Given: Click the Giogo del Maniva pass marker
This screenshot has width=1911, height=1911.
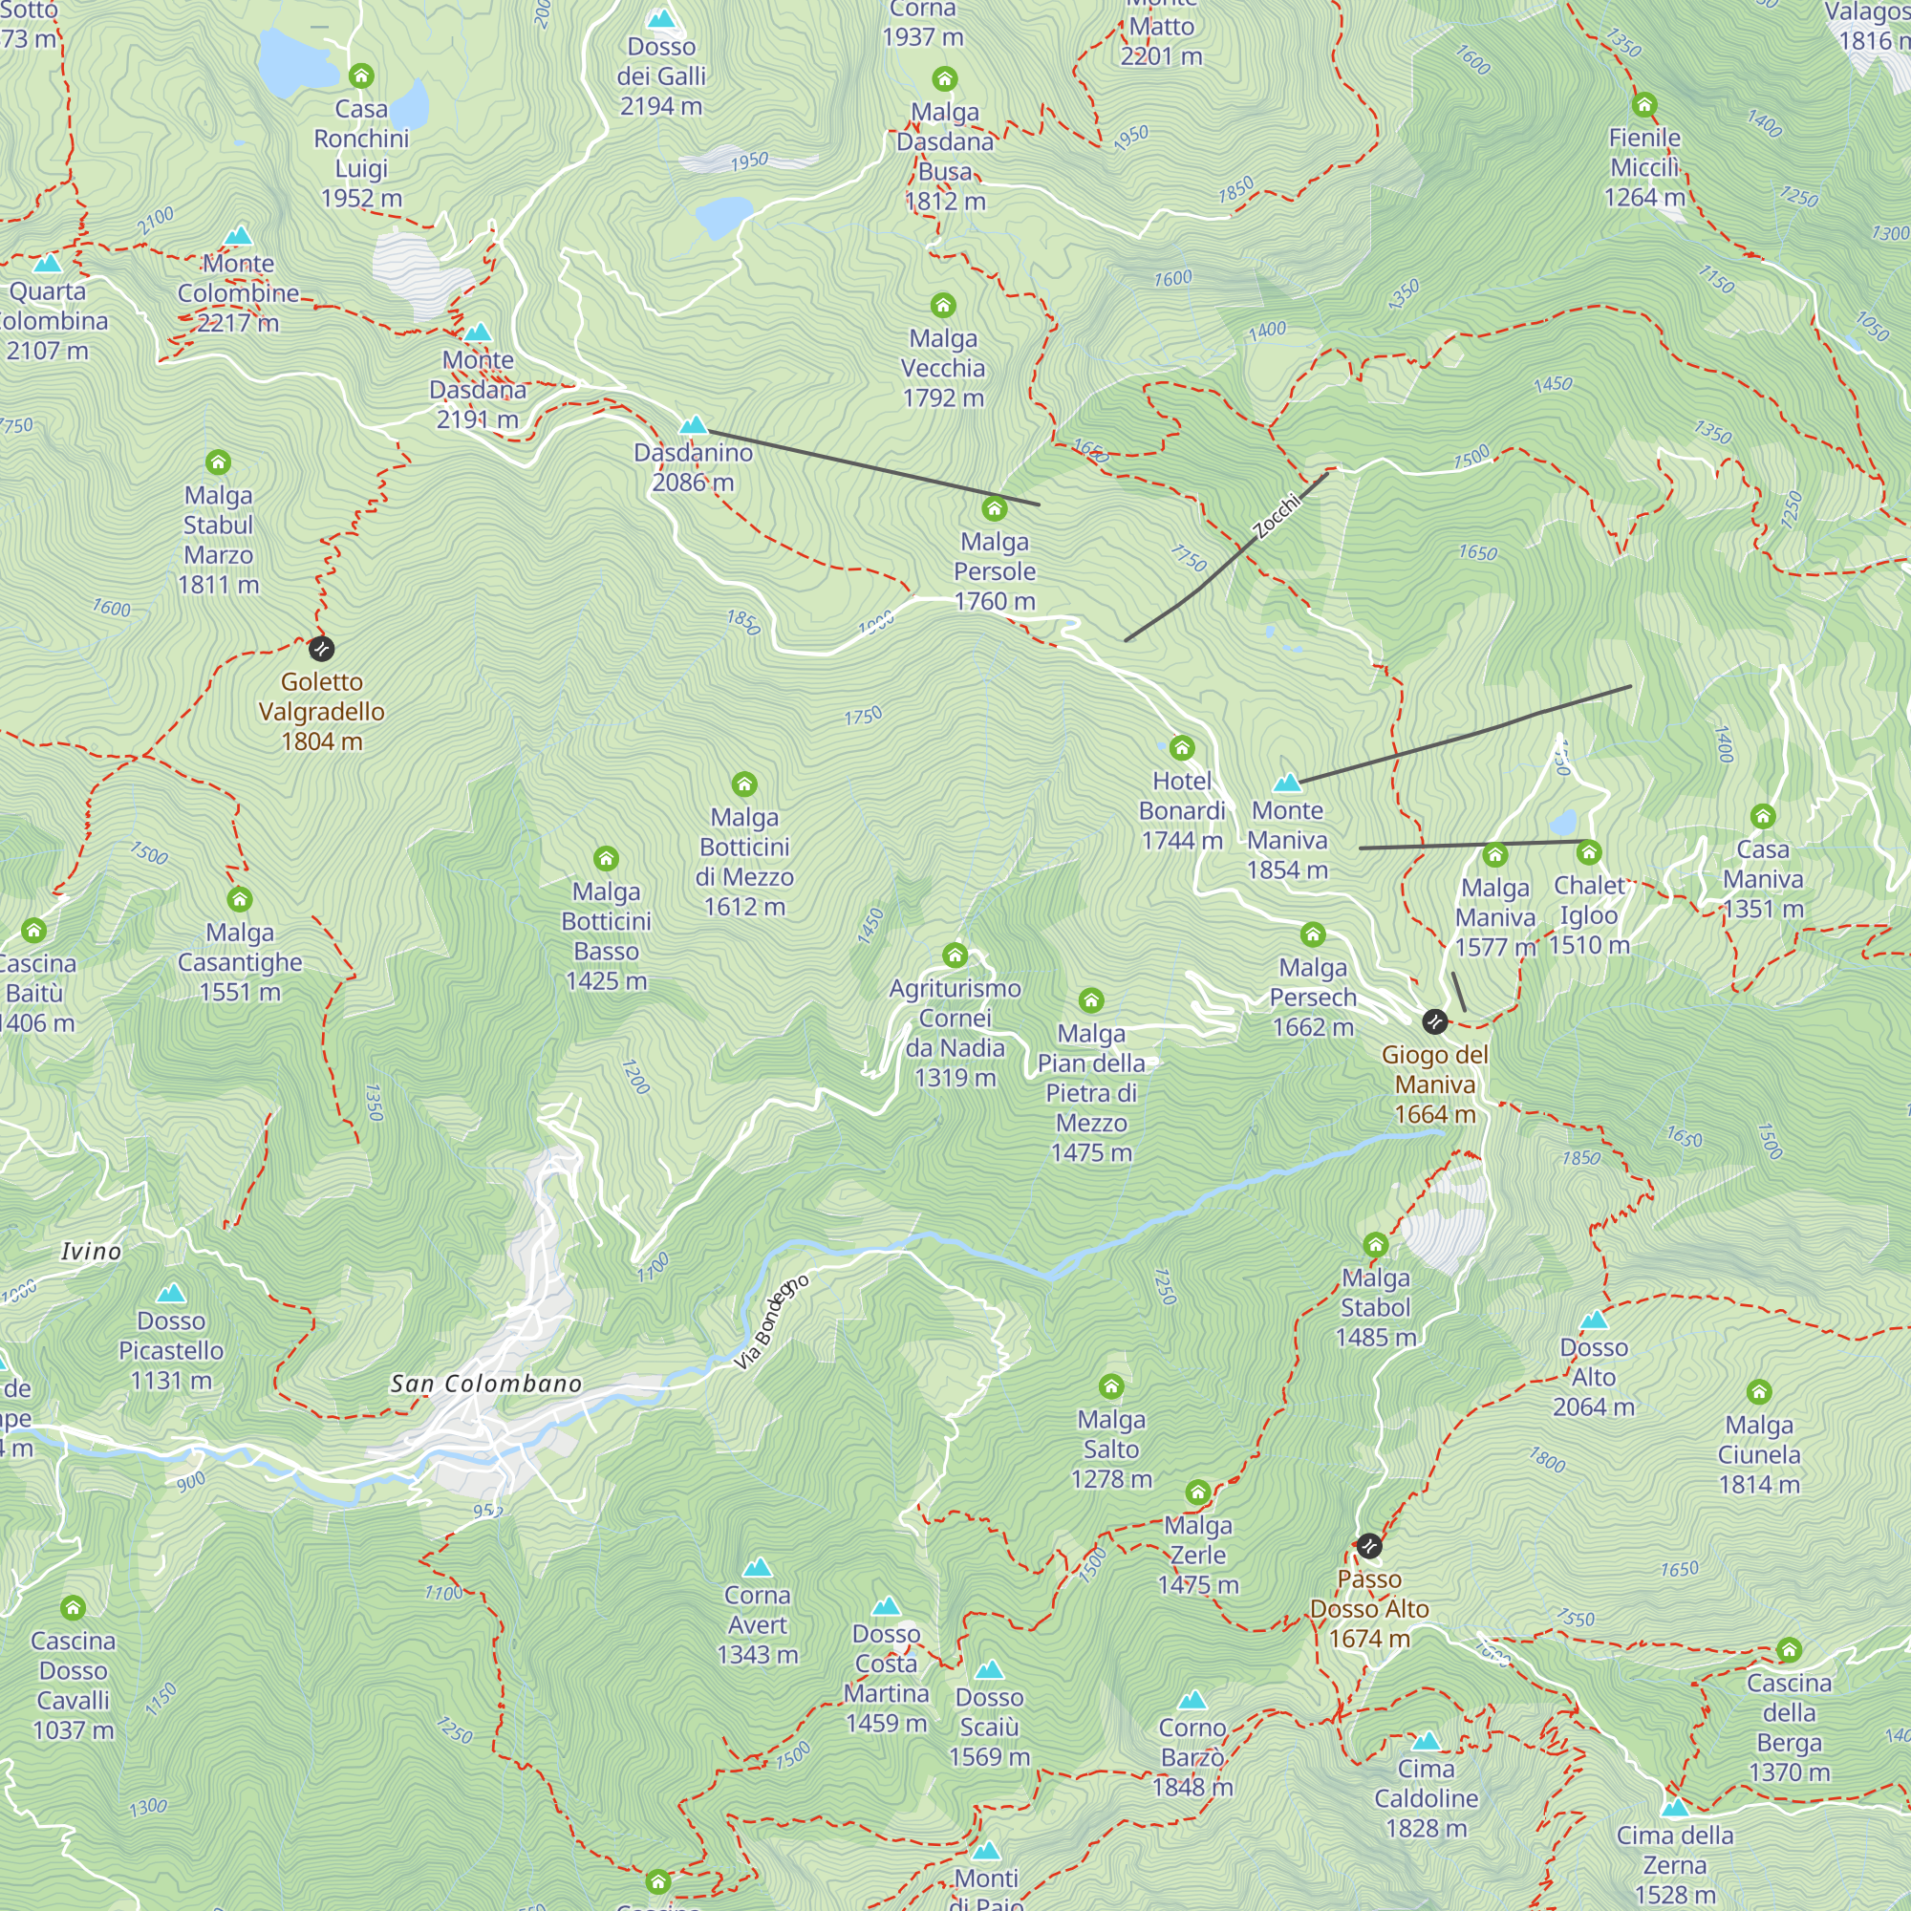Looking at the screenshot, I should click(1434, 1020).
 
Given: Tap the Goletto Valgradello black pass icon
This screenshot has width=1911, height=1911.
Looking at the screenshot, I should click(321, 649).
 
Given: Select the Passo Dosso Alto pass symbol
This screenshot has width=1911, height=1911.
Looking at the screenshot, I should click(1369, 1545).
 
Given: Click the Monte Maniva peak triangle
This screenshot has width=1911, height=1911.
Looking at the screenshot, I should click(1287, 783).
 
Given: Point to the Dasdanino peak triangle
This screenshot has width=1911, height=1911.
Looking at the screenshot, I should click(694, 425).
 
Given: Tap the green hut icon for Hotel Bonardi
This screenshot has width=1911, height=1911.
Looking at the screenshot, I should click(1182, 748).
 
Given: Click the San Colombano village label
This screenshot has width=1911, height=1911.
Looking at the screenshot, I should click(485, 1384).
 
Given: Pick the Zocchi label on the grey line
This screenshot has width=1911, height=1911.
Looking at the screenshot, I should click(1276, 516).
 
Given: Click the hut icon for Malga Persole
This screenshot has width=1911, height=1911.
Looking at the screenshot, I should click(994, 508).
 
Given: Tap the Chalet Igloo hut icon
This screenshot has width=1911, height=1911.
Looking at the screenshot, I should click(1589, 851).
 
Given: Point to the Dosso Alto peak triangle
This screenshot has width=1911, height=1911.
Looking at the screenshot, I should click(1594, 1320).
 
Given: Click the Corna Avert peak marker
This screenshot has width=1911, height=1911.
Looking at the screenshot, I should click(757, 1568).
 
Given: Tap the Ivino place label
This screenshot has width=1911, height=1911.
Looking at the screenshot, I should click(91, 1252).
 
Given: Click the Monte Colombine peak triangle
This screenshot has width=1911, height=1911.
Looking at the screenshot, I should click(237, 235).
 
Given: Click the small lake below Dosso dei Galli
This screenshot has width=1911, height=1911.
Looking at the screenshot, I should click(724, 216).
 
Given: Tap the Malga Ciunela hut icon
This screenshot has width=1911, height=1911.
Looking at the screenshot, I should click(1759, 1393).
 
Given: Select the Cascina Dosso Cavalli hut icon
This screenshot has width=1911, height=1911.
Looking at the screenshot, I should click(73, 1608).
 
